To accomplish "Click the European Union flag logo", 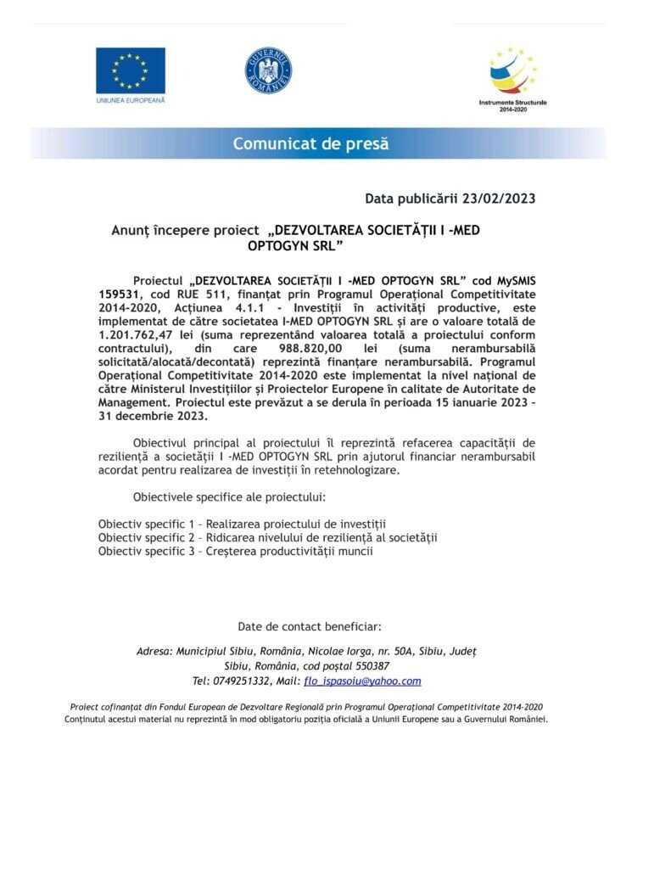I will coord(130,70).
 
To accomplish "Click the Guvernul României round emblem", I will coord(269,71).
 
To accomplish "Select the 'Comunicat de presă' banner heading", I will coord(311,143).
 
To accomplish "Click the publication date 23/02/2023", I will coord(499,199).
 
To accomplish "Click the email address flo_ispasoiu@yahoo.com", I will coord(374,681).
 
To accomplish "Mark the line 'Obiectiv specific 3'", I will coord(235,551).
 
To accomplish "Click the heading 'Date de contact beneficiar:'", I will coord(310,626).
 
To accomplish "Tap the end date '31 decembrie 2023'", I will coord(151,418).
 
